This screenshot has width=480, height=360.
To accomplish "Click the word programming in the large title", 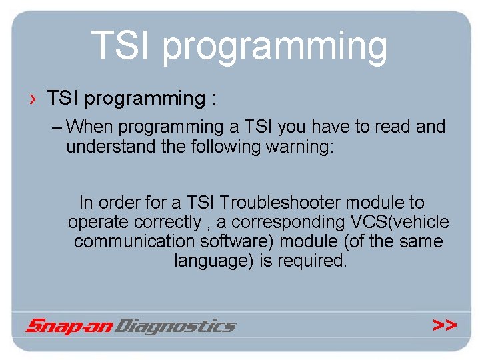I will click(275, 48).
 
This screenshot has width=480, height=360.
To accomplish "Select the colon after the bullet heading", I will click(213, 99).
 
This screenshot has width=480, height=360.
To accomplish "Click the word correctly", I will click(168, 221).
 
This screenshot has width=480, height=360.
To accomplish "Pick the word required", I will click(311, 261).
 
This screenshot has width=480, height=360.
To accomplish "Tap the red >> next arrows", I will click(445, 325).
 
